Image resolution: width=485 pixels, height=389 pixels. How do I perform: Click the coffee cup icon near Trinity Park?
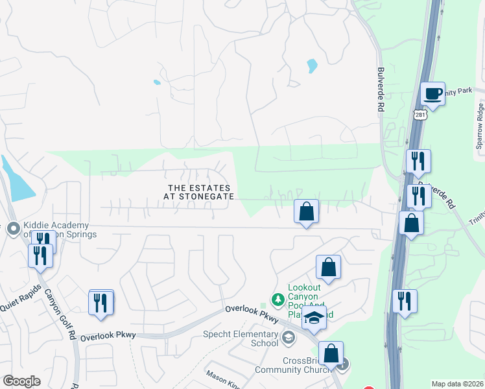coord(432,93)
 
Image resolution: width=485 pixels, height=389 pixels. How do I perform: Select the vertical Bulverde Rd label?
coord(381,90)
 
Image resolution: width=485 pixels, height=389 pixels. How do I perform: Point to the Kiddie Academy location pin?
coord(13,228)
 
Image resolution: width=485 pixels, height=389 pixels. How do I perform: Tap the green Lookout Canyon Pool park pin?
coord(278,300)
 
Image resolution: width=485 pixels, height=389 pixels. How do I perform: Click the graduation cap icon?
coord(314,317)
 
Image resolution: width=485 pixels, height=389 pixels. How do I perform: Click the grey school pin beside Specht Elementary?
coord(289,336)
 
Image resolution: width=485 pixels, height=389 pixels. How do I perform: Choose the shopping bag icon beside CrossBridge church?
coord(331,353)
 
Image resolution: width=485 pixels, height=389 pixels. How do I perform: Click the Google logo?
coord(21,381)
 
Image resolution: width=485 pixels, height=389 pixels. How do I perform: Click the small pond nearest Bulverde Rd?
coord(313,65)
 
